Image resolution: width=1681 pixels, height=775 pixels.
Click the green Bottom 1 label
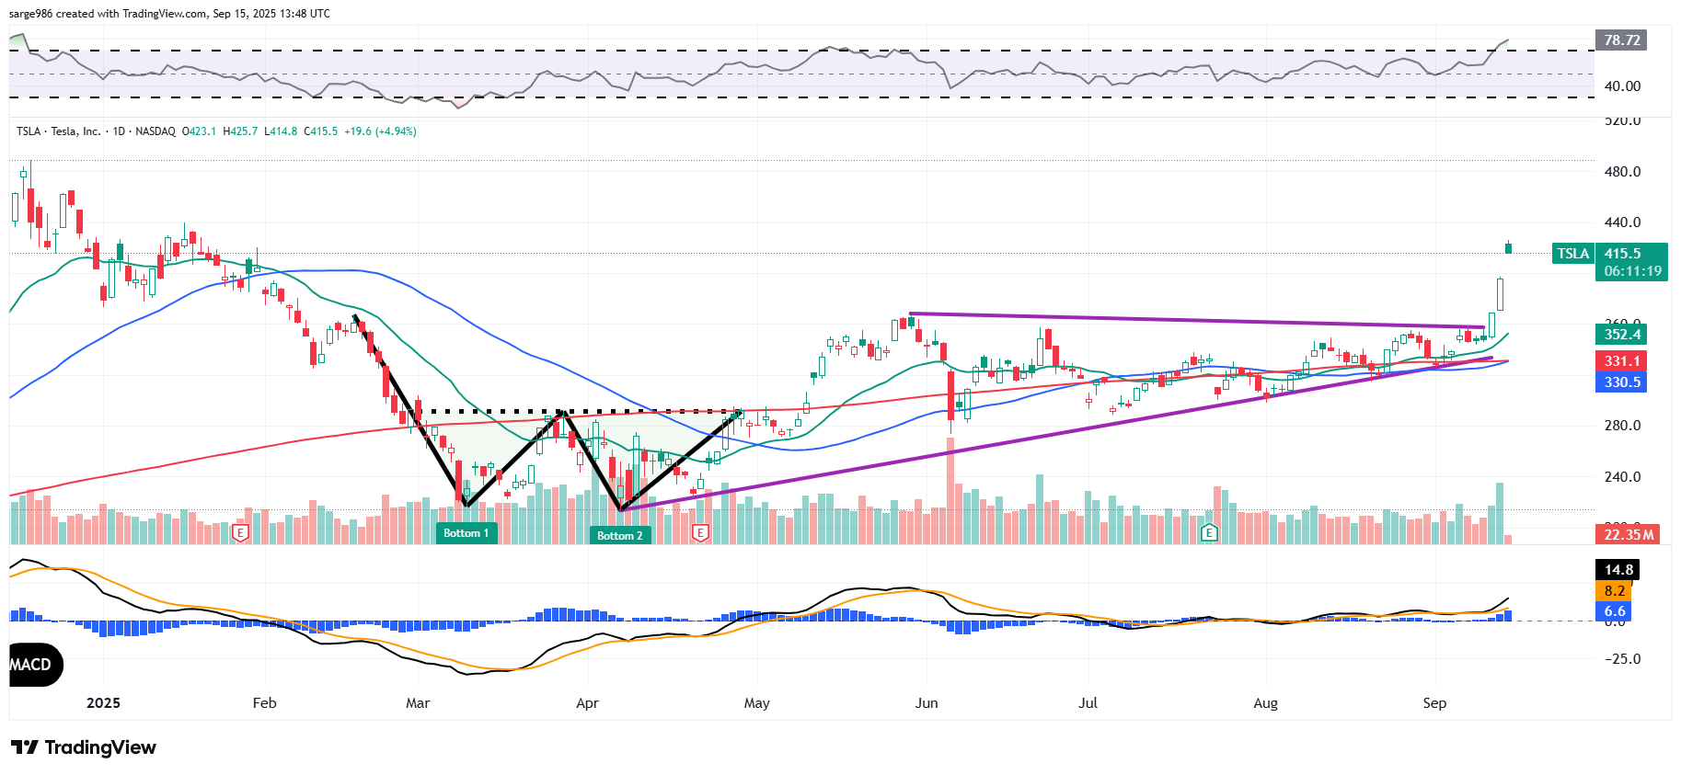tap(466, 533)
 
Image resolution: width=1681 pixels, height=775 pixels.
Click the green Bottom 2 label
tap(620, 535)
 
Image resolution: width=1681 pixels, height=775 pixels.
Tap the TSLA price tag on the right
tap(1572, 254)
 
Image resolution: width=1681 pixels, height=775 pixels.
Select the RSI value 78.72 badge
tap(1621, 40)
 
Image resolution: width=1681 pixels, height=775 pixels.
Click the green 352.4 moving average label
tap(1621, 335)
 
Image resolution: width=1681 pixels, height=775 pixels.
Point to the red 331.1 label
tap(1621, 361)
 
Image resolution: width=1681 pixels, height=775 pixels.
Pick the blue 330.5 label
tap(1621, 382)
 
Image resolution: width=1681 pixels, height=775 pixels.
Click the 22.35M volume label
tap(1629, 534)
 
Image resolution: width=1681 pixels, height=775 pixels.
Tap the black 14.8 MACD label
tap(1618, 570)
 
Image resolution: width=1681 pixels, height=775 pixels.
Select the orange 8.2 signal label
tap(1615, 591)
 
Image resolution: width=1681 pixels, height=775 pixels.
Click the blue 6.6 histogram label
tap(1615, 611)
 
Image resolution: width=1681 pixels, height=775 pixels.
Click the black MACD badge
tap(33, 665)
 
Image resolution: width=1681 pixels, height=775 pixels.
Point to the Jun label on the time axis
tap(927, 703)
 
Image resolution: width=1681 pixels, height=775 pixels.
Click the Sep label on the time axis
tap(1434, 703)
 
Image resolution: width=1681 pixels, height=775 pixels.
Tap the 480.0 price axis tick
tap(1622, 172)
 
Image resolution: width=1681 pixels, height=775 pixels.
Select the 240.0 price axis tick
tap(1622, 477)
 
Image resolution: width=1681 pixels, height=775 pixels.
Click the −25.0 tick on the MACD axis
tap(1622, 659)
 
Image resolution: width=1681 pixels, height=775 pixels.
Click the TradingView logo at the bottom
tap(84, 747)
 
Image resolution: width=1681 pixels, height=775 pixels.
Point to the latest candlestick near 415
tap(1508, 247)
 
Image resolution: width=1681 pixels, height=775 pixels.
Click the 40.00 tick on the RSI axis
tap(1622, 86)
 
